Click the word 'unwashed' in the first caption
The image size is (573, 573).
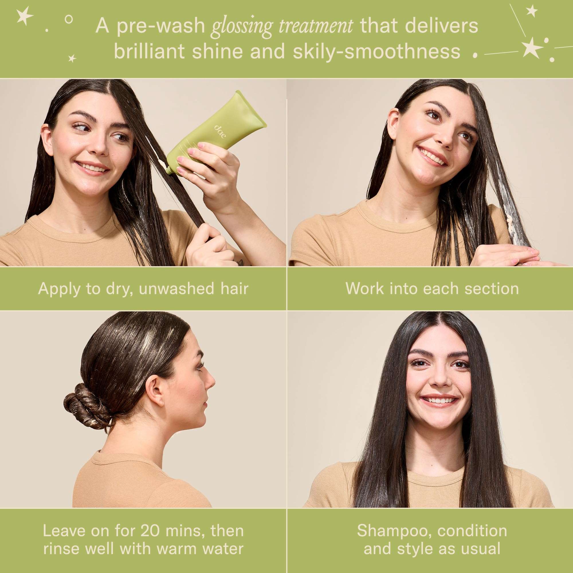click(176, 289)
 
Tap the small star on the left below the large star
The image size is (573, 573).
click(72, 58)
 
